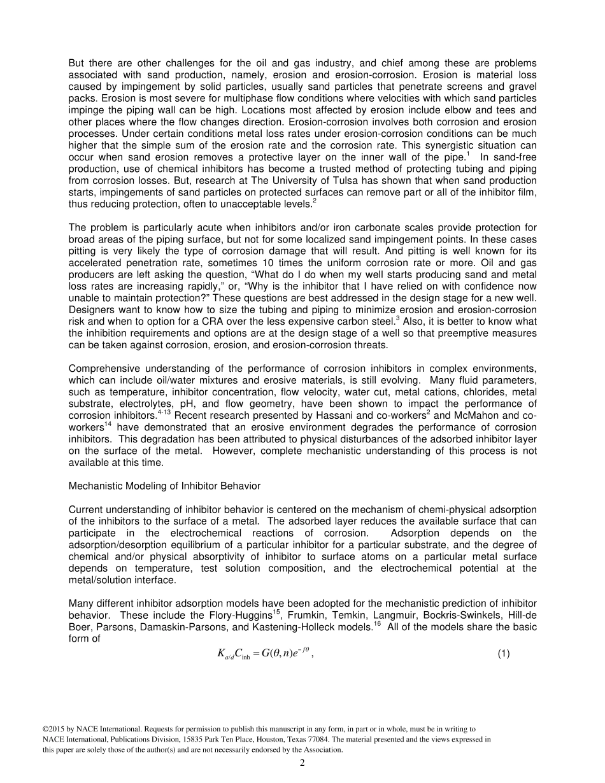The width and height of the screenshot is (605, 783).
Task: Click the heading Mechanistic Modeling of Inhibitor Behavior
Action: pyautogui.click(x=164, y=486)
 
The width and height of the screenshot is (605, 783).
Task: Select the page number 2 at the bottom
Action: pyautogui.click(x=302, y=763)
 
